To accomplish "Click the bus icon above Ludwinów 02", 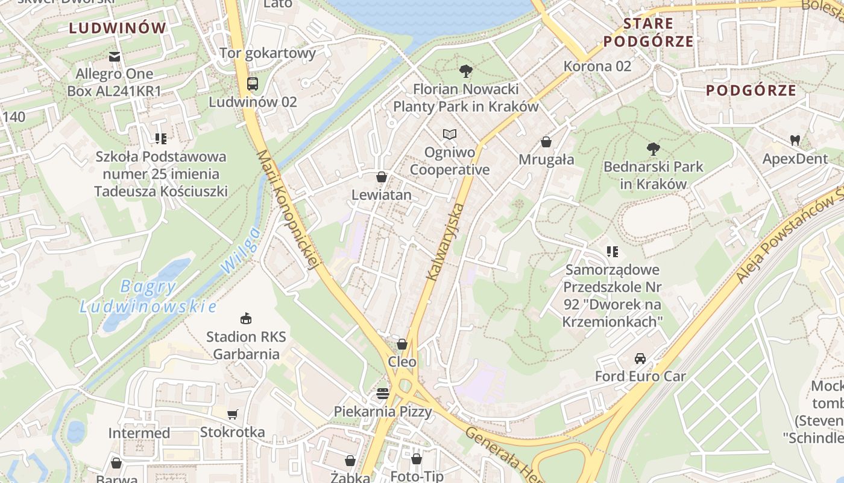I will pos(253,84).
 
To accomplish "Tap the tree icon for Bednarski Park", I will pos(653,149).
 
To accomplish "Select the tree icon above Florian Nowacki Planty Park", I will pos(465,71).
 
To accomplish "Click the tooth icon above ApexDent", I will pos(795,141).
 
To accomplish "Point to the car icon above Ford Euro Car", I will pos(640,358).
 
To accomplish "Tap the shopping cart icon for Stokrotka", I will pos(232,414).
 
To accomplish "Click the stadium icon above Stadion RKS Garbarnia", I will pos(246,318).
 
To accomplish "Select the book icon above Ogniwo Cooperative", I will pos(450,134).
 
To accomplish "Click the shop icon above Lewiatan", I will pos(382,177).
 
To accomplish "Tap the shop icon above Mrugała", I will pos(546,142).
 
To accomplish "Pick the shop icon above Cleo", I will pos(402,344).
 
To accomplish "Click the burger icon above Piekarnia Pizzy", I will pos(383,394).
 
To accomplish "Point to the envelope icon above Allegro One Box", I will pos(114,57).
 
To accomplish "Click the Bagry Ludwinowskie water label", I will pos(148,296).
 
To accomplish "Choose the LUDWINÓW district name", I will pos(118,28).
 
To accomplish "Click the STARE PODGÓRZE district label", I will pos(648,33).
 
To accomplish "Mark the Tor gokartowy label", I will pos(268,53).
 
